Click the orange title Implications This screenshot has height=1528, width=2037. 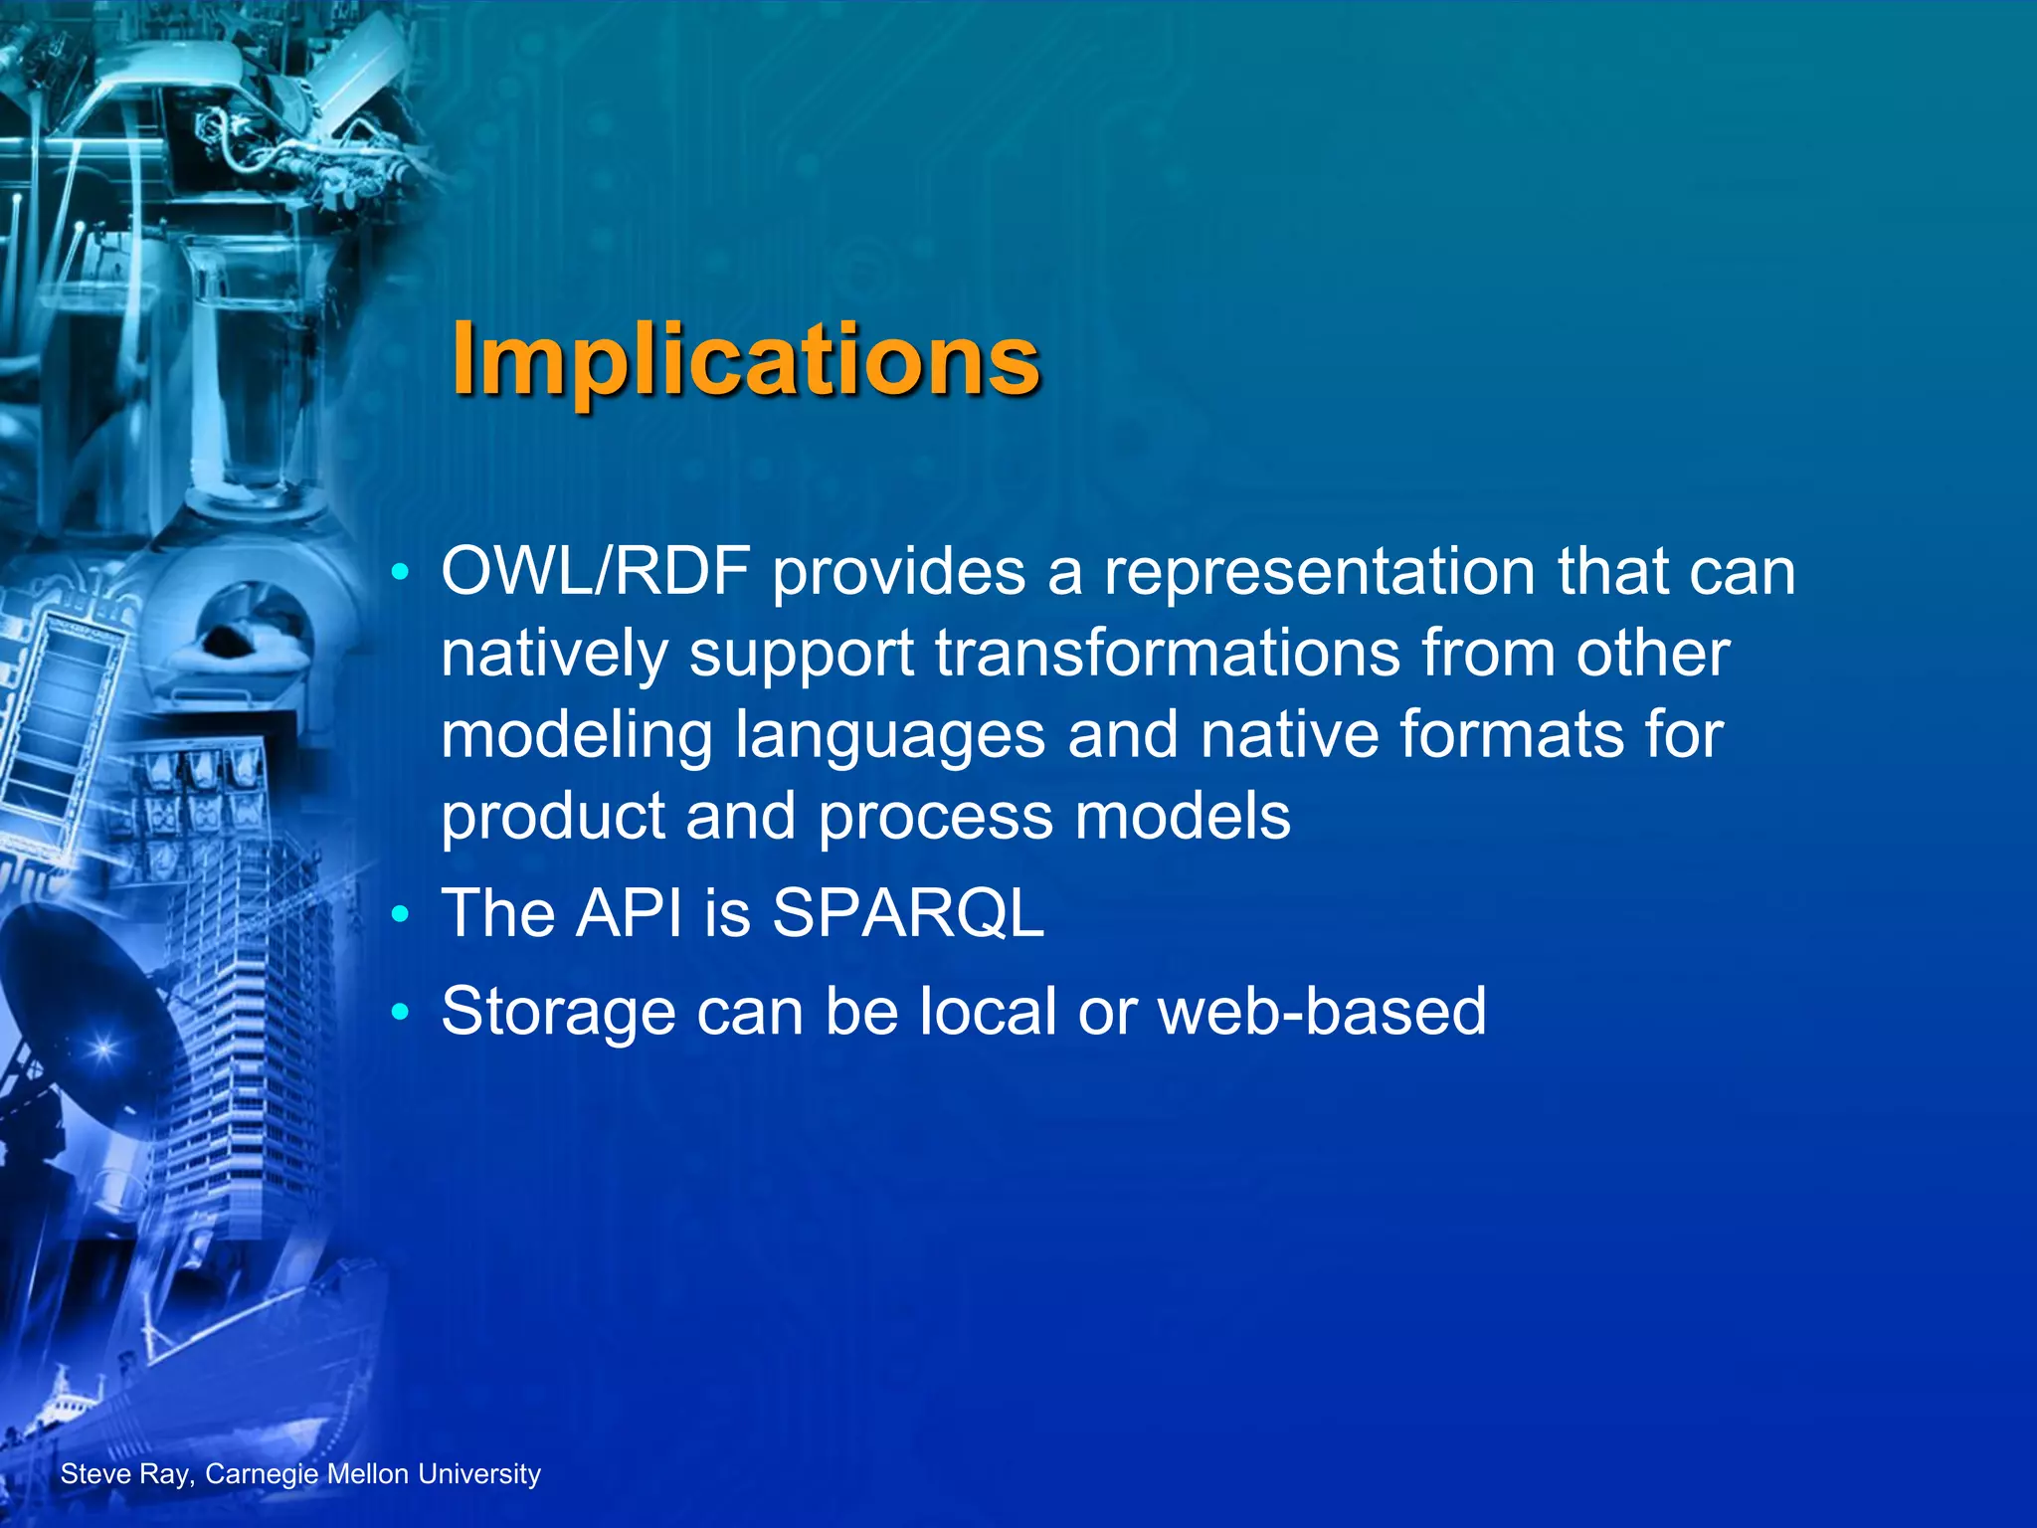tap(746, 360)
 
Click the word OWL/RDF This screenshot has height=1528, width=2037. tap(596, 574)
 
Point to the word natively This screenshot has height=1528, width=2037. tap(555, 656)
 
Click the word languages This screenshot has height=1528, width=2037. tap(890, 737)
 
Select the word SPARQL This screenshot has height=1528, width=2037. tap(908, 913)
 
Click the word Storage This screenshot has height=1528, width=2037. tap(557, 1012)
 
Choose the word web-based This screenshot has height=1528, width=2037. tap(1322, 1012)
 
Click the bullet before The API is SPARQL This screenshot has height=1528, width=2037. tap(400, 914)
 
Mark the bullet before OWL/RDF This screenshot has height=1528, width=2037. tap(400, 574)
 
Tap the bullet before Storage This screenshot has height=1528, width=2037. tap(400, 1013)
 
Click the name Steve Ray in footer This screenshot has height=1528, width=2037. tap(124, 1474)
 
